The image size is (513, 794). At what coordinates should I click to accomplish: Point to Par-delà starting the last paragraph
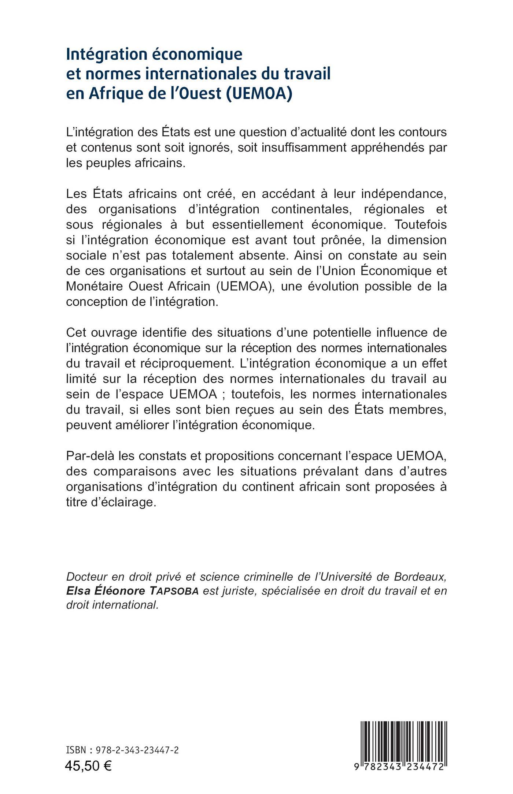click(x=87, y=456)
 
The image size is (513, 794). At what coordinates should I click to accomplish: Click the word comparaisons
click(x=140, y=471)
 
